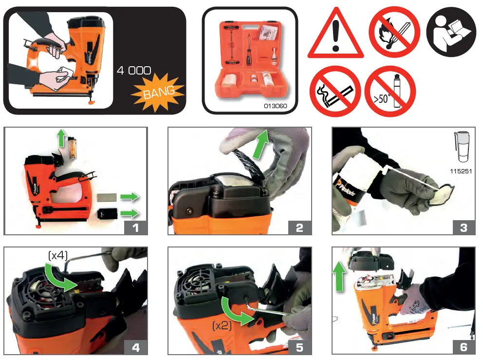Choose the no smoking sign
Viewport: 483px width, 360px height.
pos(335,92)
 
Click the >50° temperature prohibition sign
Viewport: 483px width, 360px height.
pos(390,92)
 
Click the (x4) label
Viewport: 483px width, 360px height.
pos(58,255)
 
